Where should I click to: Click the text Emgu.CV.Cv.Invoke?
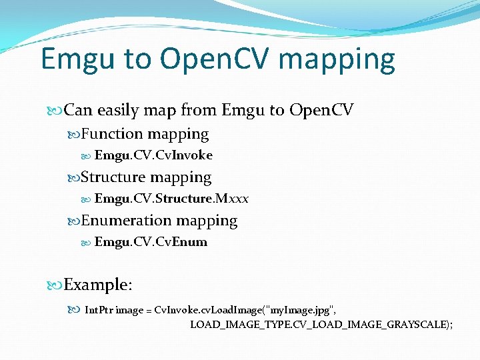coord(153,155)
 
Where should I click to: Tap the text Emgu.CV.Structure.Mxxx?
coord(171,199)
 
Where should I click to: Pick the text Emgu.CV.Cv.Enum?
coord(151,242)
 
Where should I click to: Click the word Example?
coord(98,285)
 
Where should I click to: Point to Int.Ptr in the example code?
coord(99,311)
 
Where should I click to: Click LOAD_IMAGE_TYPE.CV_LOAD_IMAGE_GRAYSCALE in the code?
coord(321,325)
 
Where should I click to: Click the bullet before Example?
coord(57,285)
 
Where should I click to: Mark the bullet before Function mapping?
coord(75,135)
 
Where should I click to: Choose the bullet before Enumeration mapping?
coord(75,221)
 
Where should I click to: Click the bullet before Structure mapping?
coord(75,178)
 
